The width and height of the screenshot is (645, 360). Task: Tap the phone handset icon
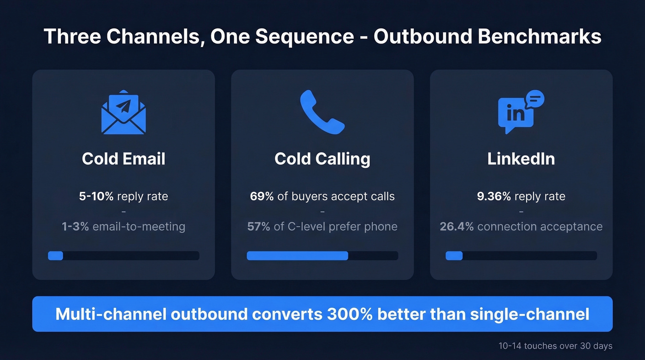tap(322, 112)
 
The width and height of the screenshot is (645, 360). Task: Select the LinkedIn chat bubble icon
tap(521, 112)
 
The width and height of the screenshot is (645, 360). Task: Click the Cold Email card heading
tap(123, 159)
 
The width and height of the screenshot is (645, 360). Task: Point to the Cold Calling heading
tap(322, 159)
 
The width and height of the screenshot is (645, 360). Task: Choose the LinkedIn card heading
tap(521, 159)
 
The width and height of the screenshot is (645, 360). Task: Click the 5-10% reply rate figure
tap(96, 196)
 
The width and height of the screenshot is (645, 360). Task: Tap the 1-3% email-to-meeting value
tap(76, 227)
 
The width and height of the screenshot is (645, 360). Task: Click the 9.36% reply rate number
tap(494, 196)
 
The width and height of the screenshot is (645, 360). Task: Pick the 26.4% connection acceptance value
tap(457, 227)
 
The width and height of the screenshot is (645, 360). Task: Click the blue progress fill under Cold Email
tap(55, 255)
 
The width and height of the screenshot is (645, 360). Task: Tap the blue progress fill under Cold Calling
tap(297, 255)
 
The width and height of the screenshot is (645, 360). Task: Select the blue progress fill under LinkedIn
tap(454, 255)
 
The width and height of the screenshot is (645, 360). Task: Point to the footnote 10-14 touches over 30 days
tap(555, 346)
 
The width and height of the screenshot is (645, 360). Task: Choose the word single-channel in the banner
tap(529, 314)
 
